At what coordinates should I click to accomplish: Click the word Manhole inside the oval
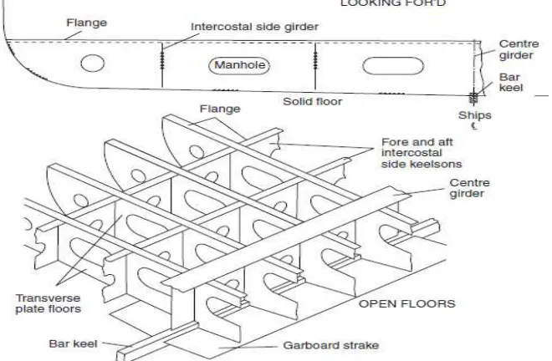[240, 65]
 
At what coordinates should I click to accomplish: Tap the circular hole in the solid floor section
[93, 64]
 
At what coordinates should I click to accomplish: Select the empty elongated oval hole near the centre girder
[393, 66]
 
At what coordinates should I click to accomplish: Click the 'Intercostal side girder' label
[254, 27]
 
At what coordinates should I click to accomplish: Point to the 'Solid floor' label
[313, 102]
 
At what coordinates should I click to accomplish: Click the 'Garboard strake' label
[331, 345]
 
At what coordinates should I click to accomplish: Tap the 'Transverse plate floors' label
[49, 303]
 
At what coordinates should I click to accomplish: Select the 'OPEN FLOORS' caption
[407, 303]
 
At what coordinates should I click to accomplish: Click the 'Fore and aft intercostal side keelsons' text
[422, 153]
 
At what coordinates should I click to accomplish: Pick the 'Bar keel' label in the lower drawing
[73, 343]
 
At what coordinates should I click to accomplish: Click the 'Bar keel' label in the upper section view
[511, 83]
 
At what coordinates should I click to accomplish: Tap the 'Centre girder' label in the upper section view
[519, 49]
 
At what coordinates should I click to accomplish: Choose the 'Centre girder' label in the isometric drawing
[470, 188]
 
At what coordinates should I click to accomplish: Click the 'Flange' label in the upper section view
[87, 23]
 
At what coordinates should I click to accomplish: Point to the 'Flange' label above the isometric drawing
[220, 109]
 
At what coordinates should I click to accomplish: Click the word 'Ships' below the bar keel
[475, 115]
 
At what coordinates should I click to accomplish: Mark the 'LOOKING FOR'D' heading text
[393, 3]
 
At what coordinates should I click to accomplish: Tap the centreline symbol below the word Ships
[474, 125]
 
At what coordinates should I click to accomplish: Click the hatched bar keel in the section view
[474, 98]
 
